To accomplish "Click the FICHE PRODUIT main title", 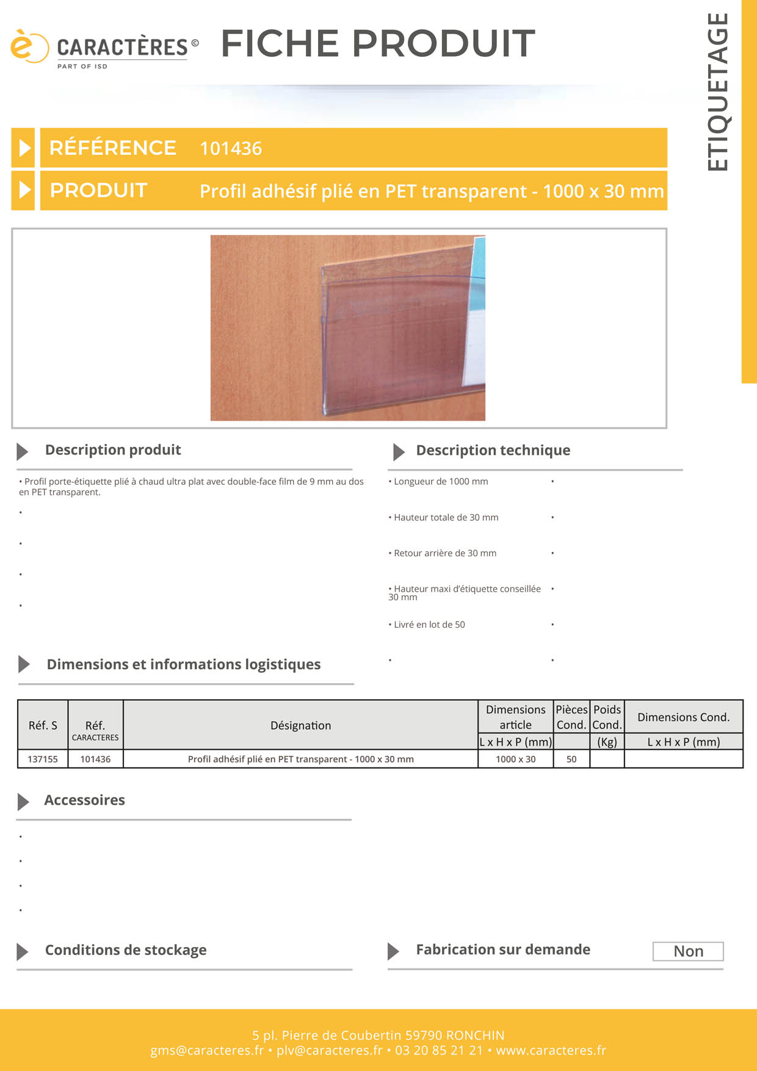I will click(378, 43).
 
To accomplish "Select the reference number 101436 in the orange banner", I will click(231, 148).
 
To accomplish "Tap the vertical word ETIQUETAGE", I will click(718, 92).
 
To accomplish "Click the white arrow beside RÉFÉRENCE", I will click(24, 148).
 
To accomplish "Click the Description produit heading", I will click(113, 450).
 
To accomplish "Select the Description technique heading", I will click(493, 451).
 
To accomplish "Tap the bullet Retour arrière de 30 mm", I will click(444, 553).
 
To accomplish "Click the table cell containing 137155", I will click(43, 759).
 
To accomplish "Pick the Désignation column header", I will click(300, 725).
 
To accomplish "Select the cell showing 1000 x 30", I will click(515, 759).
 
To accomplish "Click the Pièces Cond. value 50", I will click(571, 759).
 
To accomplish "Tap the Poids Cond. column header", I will click(607, 717).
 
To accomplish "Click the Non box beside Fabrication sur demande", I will click(688, 951).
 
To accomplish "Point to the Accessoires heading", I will click(84, 801).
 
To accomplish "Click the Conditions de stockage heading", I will click(126, 950).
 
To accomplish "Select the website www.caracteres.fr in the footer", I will click(551, 1050).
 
